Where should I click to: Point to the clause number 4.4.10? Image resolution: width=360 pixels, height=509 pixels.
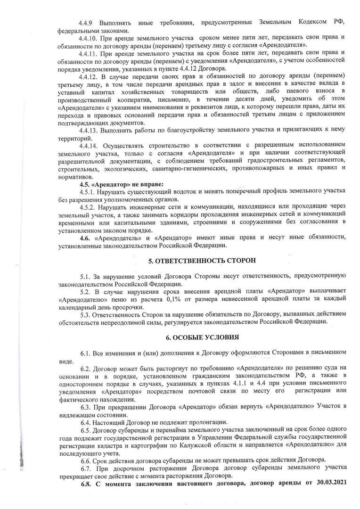90,37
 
